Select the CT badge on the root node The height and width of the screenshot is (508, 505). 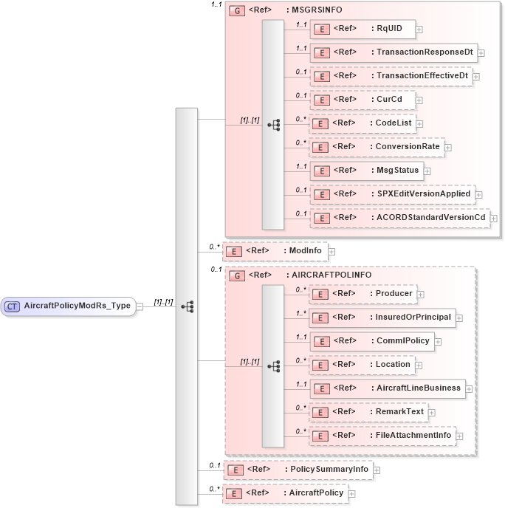[13, 306]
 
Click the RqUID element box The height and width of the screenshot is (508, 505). [362, 29]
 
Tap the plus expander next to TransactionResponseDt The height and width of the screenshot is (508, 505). [481, 52]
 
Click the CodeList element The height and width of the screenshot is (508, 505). [362, 123]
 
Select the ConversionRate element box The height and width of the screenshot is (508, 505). [376, 147]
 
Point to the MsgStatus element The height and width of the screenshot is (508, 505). [366, 171]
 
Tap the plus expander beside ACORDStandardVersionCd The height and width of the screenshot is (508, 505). [493, 219]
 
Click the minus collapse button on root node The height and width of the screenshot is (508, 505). [140, 306]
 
